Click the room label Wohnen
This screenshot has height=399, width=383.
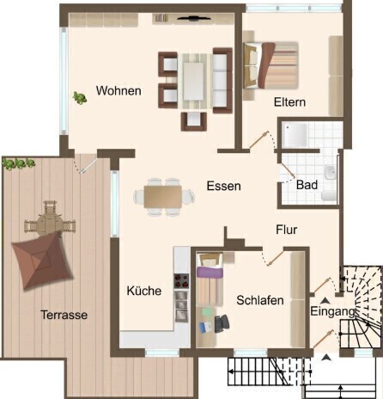point(119,90)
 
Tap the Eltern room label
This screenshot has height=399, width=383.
point(289,102)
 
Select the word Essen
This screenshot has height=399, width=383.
point(224,186)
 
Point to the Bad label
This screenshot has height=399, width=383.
point(307,185)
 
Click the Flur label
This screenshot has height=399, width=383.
point(287,230)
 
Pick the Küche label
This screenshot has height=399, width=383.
point(144,291)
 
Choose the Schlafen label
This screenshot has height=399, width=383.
point(260,300)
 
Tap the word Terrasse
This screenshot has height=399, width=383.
point(64,315)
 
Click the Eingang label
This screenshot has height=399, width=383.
point(332,311)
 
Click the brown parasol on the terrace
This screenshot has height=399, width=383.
point(42,261)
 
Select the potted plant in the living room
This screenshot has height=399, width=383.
point(80,98)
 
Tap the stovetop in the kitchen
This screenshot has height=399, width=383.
point(181,281)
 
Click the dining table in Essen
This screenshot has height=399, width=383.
point(163,197)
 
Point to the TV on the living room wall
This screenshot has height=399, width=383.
point(194,19)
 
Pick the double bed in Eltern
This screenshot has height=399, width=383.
point(271,65)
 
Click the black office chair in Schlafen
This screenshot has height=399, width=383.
point(222,323)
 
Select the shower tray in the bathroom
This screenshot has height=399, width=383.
point(295,136)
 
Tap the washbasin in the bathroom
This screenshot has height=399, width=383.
point(330,172)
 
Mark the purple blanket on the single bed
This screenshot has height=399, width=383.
point(210,273)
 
